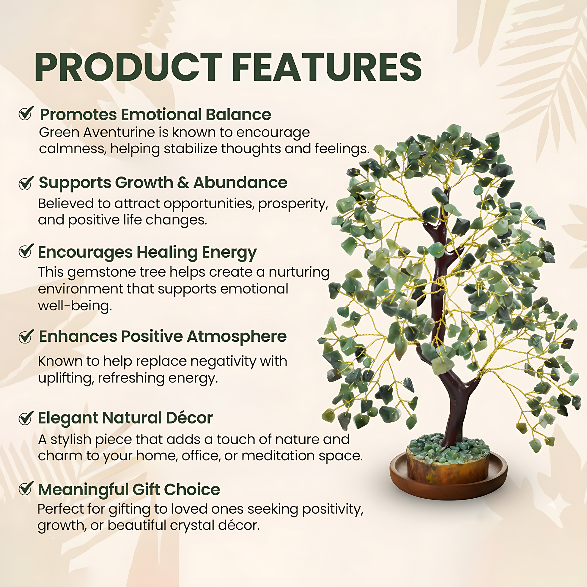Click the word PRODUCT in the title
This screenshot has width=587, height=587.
(x=129, y=67)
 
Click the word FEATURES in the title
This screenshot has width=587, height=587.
(x=327, y=67)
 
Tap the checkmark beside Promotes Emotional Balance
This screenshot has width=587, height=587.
(x=26, y=113)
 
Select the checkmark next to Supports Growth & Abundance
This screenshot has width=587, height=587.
(x=26, y=182)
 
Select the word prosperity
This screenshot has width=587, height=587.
(x=293, y=204)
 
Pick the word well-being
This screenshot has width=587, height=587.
(x=75, y=306)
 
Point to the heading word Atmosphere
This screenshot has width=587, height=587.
(x=237, y=336)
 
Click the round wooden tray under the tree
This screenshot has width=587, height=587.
(x=449, y=484)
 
